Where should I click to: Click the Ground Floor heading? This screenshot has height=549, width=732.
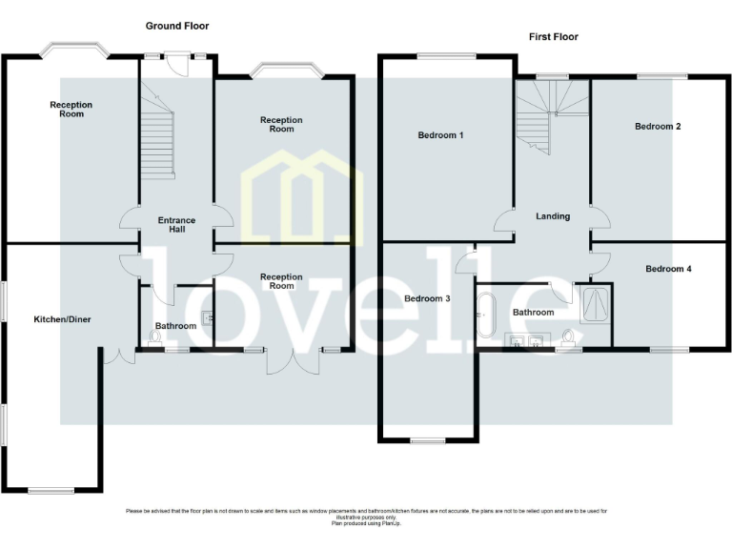pos(177,26)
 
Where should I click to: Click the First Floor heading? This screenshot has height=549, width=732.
pos(554,37)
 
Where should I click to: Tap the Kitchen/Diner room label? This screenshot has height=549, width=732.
pos(62,319)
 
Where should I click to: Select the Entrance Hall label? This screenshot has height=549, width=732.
pos(176,225)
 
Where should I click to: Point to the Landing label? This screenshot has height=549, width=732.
pos(553,216)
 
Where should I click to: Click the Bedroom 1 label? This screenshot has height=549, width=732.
pos(440,135)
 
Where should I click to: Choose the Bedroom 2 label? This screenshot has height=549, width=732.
pos(658,126)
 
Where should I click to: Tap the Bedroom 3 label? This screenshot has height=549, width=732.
pos(427,298)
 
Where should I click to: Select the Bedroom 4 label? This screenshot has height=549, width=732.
pos(668,269)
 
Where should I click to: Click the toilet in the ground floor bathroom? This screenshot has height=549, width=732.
pos(156,337)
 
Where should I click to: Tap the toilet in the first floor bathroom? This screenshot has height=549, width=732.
pos(570,337)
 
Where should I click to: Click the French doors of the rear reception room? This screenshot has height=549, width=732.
pos(294,360)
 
